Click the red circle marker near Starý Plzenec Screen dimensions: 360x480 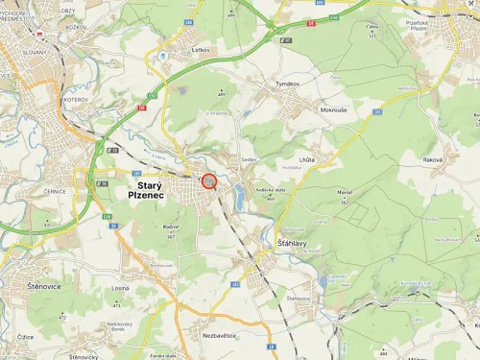pos(209,180)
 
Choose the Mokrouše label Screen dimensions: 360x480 pos(333,109)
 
